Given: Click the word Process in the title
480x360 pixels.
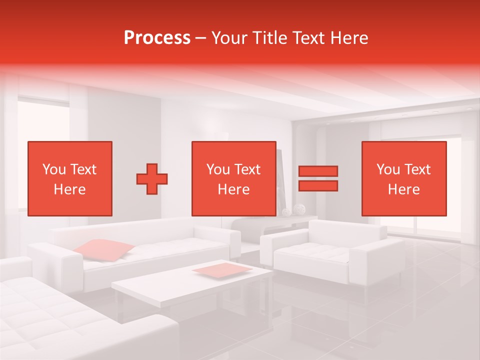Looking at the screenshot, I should click(157, 38).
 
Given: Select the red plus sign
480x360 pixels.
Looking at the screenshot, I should click(152, 178).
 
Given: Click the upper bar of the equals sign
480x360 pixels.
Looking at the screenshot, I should click(318, 171).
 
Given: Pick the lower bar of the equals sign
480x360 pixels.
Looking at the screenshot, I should click(318, 186).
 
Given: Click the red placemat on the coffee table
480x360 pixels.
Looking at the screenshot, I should click(222, 269).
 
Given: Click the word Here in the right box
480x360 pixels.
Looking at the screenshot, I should click(404, 189).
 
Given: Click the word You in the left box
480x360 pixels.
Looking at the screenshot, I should click(54, 169).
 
